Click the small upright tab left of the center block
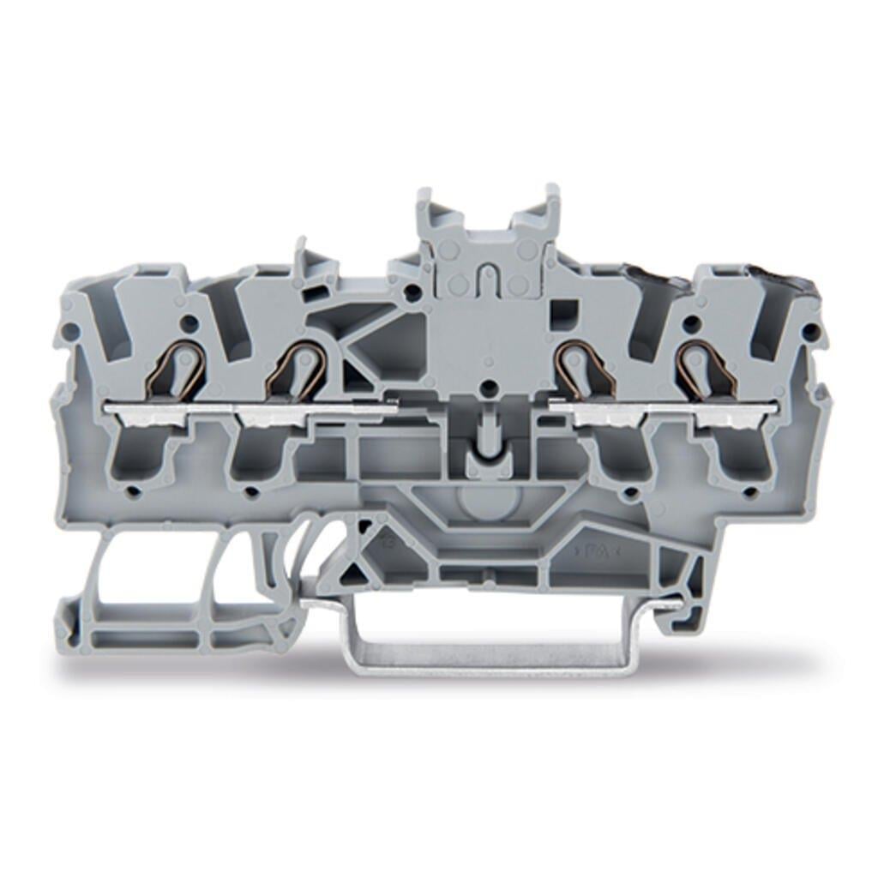click(305, 257)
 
